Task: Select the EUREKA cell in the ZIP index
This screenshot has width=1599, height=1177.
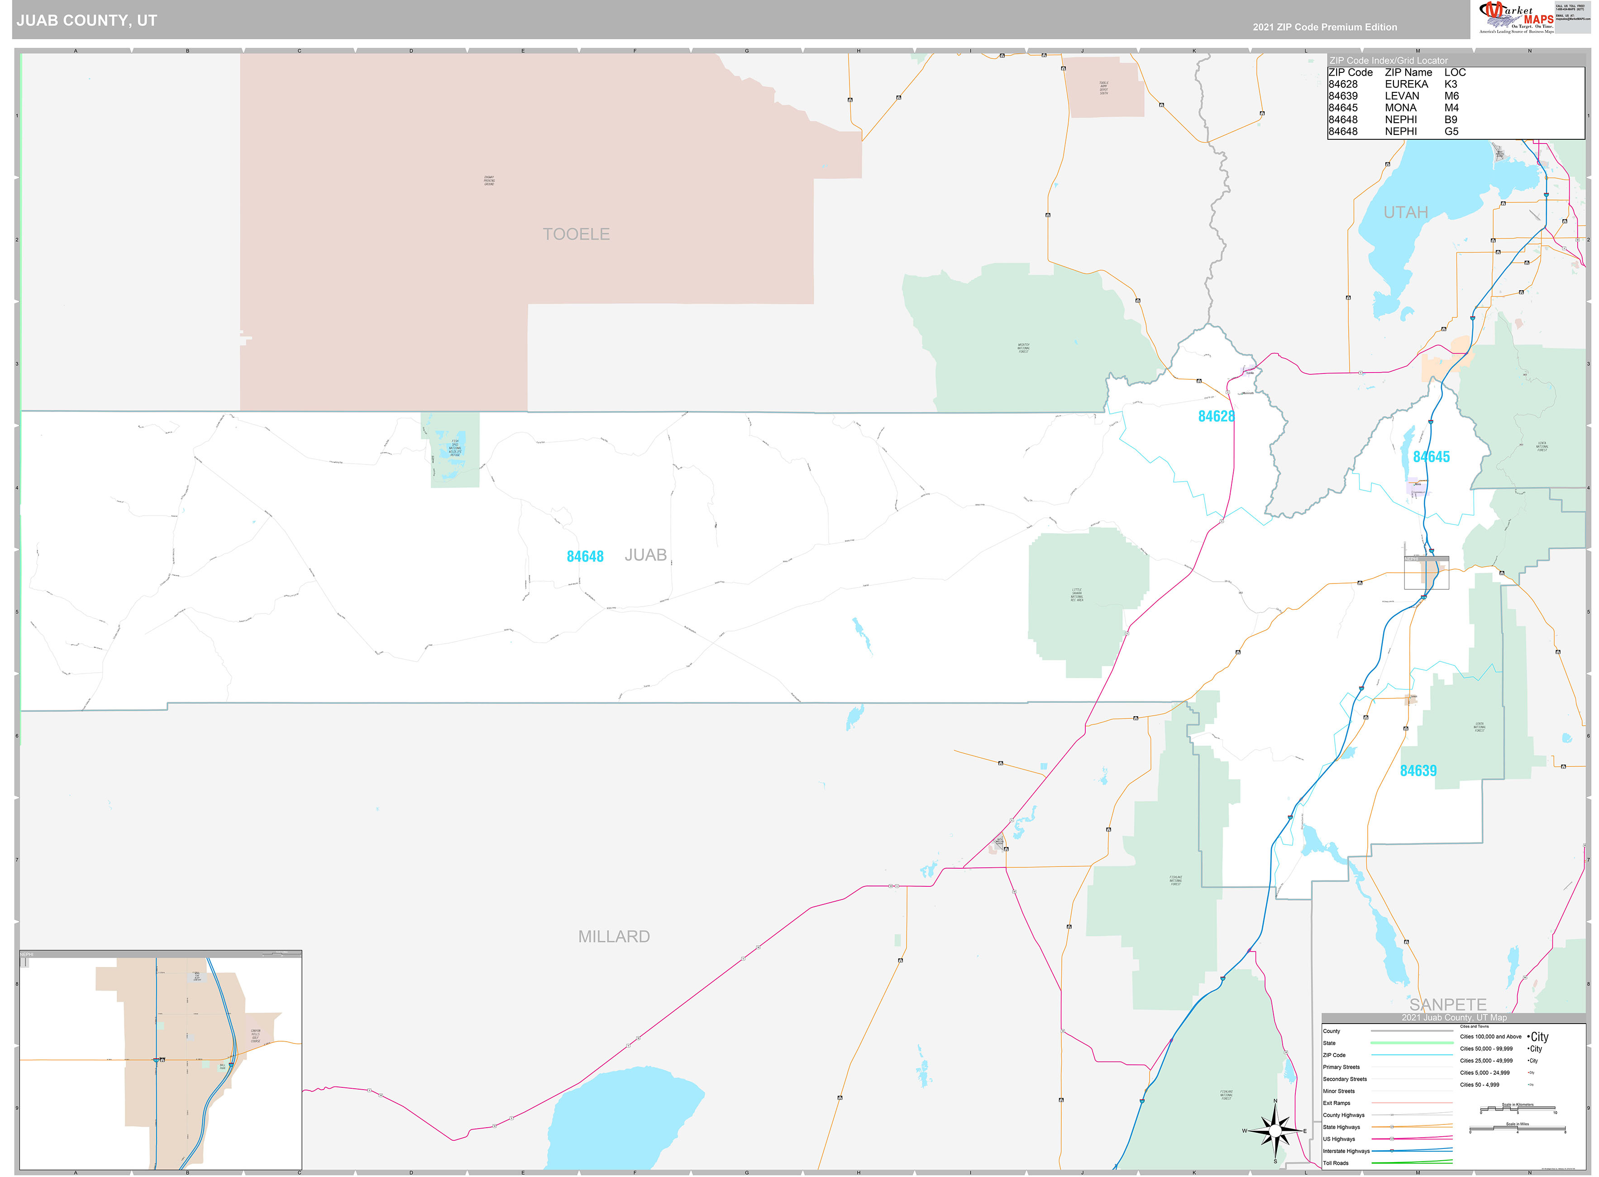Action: pyautogui.click(x=1406, y=84)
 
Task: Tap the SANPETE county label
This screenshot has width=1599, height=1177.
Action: pyautogui.click(x=1447, y=1005)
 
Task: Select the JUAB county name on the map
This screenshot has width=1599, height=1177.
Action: pyautogui.click(x=645, y=555)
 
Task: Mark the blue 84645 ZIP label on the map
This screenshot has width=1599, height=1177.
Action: pyautogui.click(x=1431, y=457)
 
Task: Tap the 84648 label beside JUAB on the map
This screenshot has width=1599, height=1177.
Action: pyautogui.click(x=585, y=556)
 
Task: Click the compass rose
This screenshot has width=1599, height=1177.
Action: pyautogui.click(x=1275, y=1131)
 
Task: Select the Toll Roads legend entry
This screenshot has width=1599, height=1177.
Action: pyautogui.click(x=1336, y=1163)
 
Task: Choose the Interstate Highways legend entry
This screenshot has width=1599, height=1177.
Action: pyautogui.click(x=1346, y=1151)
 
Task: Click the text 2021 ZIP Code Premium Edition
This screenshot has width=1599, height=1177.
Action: pyautogui.click(x=1325, y=27)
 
